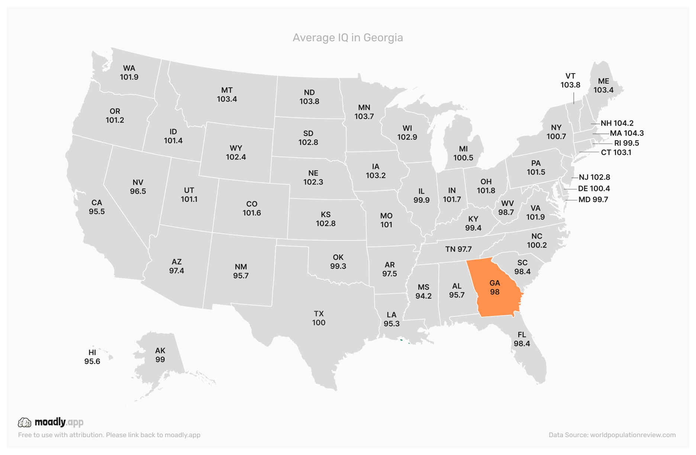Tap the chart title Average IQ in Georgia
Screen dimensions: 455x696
click(348, 38)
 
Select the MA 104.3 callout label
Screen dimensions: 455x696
click(626, 133)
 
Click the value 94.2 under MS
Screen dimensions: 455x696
click(423, 296)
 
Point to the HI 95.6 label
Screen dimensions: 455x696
click(92, 357)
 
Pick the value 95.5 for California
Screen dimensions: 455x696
click(97, 212)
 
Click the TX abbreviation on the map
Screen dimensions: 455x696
click(319, 314)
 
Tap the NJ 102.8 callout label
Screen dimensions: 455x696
click(594, 177)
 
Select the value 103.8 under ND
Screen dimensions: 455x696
click(309, 101)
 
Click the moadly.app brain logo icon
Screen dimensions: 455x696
click(25, 422)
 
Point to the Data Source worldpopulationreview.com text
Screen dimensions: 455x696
click(612, 435)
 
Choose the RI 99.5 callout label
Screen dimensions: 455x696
click(626, 143)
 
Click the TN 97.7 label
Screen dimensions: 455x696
click(458, 249)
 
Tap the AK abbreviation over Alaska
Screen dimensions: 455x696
click(160, 351)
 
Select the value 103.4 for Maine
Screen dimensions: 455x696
click(603, 90)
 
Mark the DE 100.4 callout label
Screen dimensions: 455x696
click(594, 188)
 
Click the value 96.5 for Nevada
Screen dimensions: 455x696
click(138, 191)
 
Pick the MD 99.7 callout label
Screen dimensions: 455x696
click(593, 200)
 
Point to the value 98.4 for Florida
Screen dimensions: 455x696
click(522, 344)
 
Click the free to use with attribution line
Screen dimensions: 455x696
click(109, 435)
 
